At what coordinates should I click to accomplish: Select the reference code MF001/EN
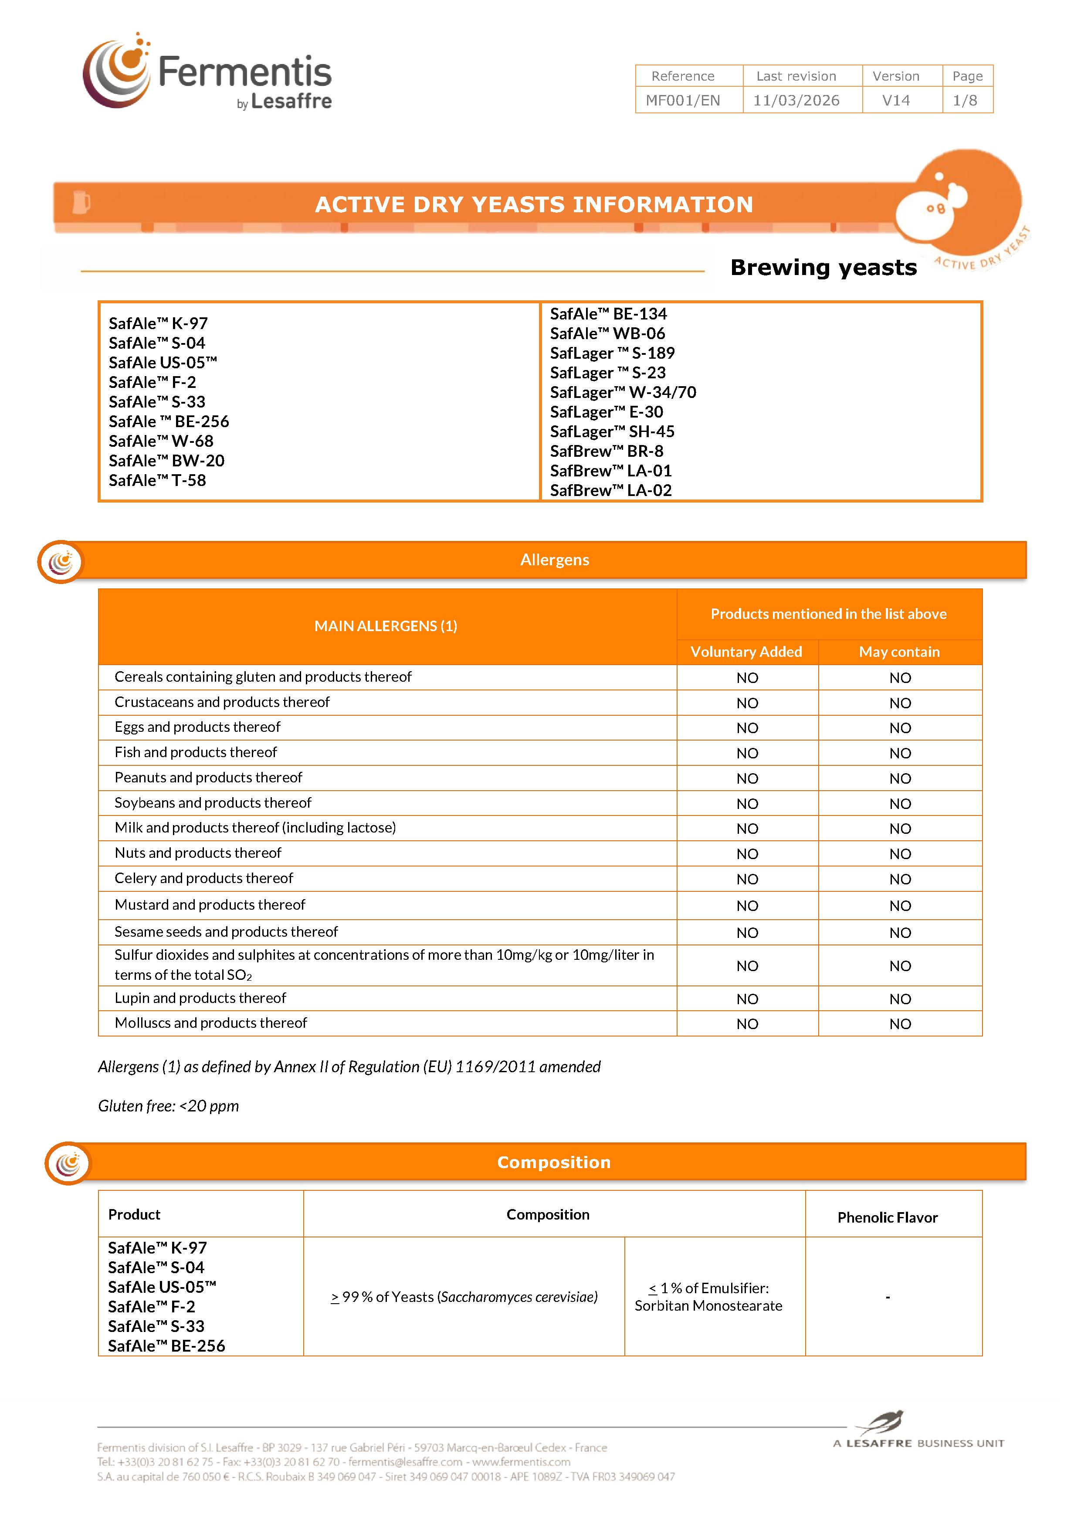[682, 101]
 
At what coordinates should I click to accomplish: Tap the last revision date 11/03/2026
[796, 101]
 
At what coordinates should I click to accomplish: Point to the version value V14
[895, 101]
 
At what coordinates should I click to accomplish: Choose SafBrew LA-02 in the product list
[610, 490]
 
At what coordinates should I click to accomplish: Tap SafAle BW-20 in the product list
[166, 461]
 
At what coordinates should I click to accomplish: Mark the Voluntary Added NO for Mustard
[747, 906]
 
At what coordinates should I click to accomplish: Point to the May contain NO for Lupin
[899, 999]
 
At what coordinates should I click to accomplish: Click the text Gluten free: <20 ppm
[169, 1106]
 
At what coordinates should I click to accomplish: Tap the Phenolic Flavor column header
[887, 1217]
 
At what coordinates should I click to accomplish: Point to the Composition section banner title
[553, 1162]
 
